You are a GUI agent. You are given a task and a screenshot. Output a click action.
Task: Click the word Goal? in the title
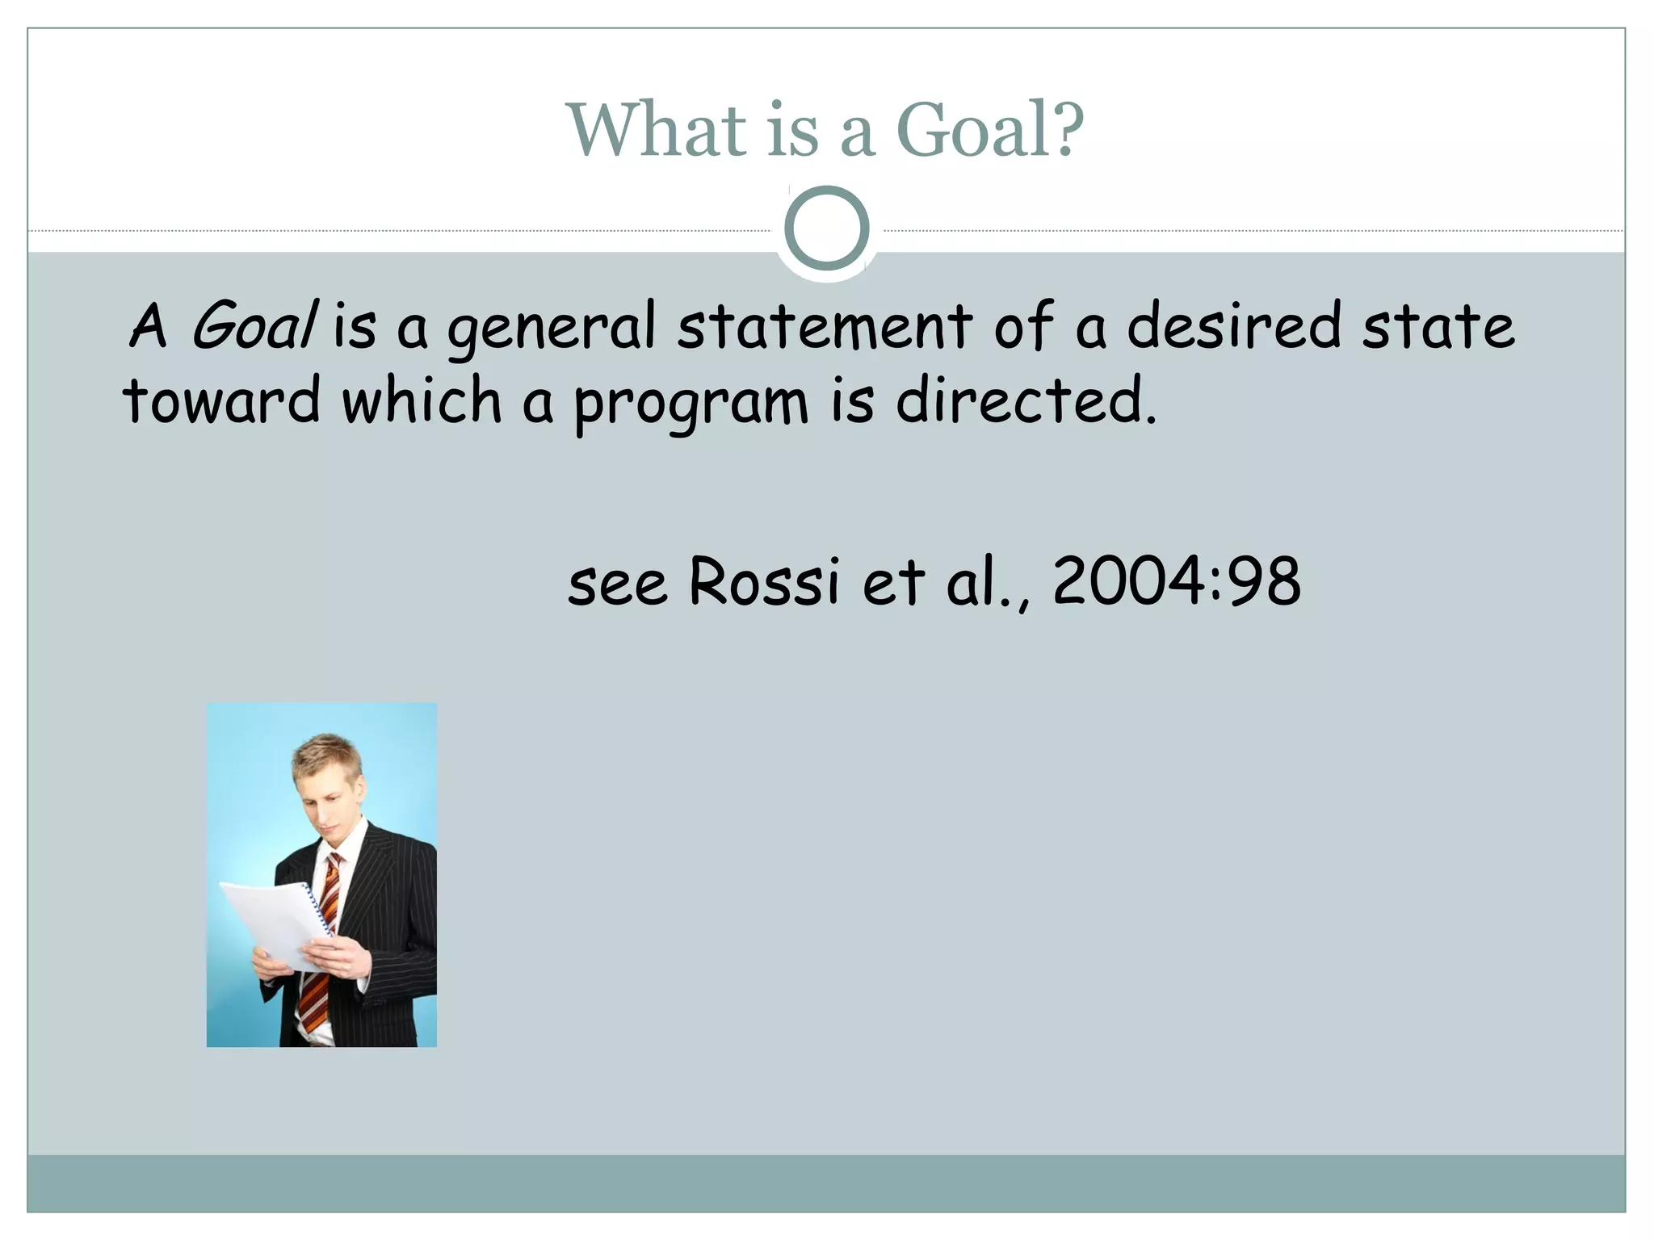[x=990, y=130]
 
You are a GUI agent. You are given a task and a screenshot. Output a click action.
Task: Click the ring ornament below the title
[x=826, y=228]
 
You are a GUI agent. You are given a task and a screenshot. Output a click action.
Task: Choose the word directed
[x=1026, y=400]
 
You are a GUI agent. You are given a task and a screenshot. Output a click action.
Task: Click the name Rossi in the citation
[x=764, y=581]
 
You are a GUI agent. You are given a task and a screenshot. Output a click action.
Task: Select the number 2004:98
[x=1177, y=581]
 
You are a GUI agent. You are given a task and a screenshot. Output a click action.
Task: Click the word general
[x=552, y=329]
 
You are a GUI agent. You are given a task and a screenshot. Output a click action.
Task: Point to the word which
[x=422, y=400]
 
